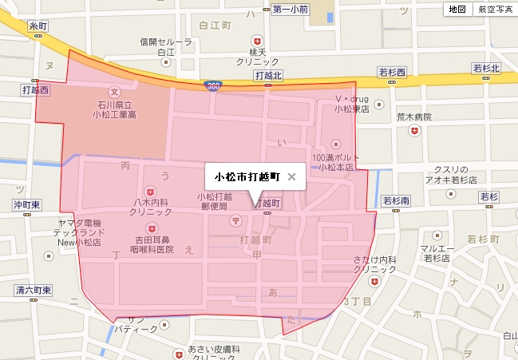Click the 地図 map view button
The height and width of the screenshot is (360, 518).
[457, 10]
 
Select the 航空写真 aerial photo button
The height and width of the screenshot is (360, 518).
[495, 10]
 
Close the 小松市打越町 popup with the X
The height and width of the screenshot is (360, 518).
[291, 177]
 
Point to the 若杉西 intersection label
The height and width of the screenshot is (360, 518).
[392, 73]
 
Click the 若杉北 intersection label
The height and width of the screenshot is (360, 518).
[485, 69]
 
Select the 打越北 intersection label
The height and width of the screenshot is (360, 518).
[268, 75]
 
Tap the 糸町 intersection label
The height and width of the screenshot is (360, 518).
[38, 26]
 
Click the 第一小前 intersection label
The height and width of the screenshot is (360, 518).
[289, 10]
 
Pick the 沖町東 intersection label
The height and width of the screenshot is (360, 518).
[32, 204]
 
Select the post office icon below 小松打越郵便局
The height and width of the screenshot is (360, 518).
[235, 219]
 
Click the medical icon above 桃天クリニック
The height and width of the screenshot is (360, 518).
[256, 40]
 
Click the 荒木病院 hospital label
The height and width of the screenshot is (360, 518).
[413, 117]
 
